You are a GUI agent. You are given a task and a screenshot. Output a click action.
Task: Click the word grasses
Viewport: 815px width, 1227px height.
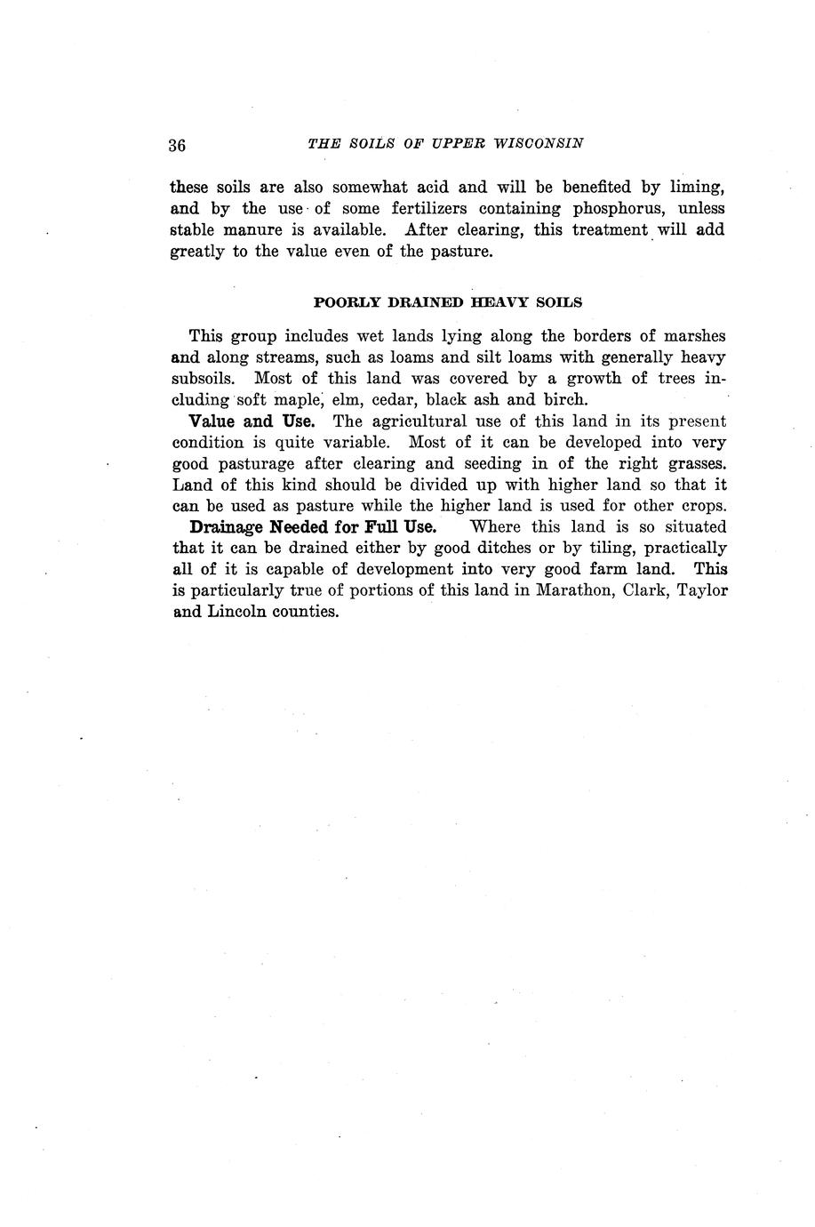[693, 464]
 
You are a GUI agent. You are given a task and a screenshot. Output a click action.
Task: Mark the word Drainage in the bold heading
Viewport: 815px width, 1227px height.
[227, 527]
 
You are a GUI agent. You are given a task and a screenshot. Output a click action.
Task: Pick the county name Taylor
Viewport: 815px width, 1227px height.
[702, 591]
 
